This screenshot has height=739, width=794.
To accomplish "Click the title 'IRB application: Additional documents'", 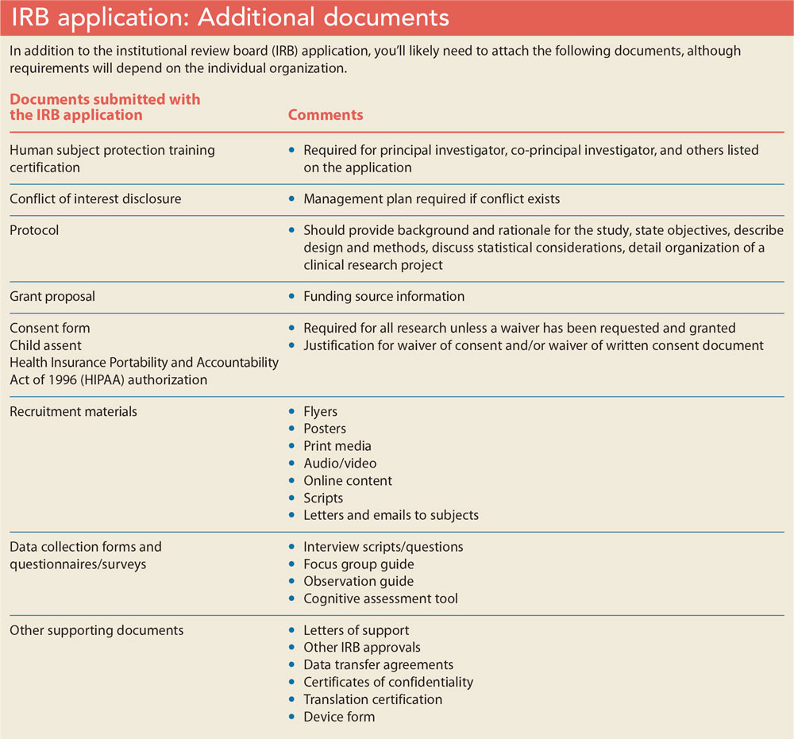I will click(229, 17).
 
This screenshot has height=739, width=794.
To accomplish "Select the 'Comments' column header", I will click(325, 115).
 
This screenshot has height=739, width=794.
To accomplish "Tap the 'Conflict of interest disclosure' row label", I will click(95, 199).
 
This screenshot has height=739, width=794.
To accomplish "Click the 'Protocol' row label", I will click(34, 230).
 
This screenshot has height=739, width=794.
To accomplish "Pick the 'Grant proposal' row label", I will click(52, 296).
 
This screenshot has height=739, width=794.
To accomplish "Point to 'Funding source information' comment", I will click(384, 296).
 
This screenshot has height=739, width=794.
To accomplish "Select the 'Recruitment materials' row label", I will click(73, 411).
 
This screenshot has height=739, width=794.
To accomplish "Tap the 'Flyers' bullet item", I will click(320, 411).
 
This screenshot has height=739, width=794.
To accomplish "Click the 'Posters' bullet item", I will click(325, 429).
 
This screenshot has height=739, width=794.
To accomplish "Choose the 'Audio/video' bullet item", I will click(340, 463).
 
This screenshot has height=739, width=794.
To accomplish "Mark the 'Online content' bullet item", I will click(348, 480).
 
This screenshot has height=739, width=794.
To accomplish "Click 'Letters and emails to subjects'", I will click(391, 515).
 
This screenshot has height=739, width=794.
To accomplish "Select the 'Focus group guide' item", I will click(358, 564).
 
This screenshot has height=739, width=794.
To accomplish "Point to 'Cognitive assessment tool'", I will click(380, 599).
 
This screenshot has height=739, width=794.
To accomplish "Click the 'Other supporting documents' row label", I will click(96, 630).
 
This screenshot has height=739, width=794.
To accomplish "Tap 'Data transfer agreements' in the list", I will click(378, 664).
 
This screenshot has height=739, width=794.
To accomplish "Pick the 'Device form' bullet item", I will click(339, 717).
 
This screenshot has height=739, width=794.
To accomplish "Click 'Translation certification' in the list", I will click(372, 699).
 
